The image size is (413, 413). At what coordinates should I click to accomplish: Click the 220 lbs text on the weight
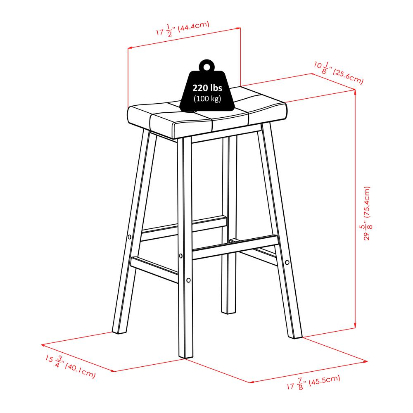click(x=207, y=88)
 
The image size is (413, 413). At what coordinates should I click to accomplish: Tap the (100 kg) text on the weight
click(x=208, y=99)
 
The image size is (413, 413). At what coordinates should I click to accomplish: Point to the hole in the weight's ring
click(x=207, y=67)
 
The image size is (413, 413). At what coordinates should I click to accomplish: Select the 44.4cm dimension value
click(x=193, y=26)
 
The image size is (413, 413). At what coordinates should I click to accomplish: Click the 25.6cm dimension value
click(x=348, y=77)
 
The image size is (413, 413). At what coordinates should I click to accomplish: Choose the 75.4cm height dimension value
click(x=367, y=202)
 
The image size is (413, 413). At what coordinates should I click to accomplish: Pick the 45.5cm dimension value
click(x=324, y=380)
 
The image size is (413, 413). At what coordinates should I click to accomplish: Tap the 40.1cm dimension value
click(x=80, y=370)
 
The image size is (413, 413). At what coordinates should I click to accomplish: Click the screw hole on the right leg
click(x=287, y=262)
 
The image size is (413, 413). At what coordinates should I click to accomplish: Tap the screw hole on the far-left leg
click(x=130, y=237)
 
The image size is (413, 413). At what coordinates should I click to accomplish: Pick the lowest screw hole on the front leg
click(x=188, y=280)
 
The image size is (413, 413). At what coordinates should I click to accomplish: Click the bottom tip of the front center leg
click(x=185, y=358)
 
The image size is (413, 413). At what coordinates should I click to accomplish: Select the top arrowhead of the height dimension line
click(x=355, y=91)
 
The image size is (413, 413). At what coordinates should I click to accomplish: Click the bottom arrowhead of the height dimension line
click(x=355, y=326)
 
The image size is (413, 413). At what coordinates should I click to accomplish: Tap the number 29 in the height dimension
click(x=367, y=236)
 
